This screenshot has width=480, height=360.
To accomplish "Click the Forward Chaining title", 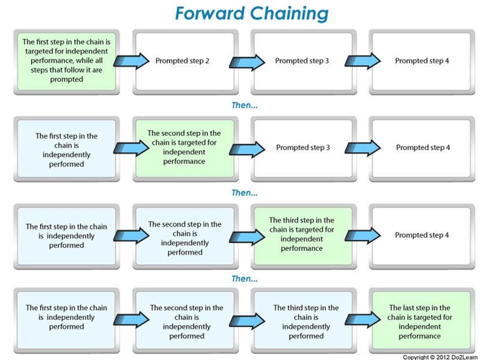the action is tap(252, 14).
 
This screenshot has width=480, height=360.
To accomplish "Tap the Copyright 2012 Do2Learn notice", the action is tap(439, 357).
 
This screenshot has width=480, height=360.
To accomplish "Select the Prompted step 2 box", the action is tap(185, 62).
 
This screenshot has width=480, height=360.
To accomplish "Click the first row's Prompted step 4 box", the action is tap(421, 62).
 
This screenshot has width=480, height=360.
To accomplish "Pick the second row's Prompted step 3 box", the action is tap(303, 149).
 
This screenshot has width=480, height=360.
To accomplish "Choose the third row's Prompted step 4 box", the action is tap(421, 236).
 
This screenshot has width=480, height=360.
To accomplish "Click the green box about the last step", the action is tap(421, 320).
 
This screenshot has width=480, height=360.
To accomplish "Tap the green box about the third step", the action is tap(303, 236).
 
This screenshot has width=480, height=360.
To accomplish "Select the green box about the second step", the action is tap(185, 149).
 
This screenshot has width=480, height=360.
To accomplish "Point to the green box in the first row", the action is tap(67, 62).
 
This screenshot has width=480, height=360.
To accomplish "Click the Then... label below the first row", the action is tap(245, 105).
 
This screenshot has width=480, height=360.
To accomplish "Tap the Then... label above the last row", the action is tap(245, 279).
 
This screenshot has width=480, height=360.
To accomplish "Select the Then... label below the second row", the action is tap(245, 193).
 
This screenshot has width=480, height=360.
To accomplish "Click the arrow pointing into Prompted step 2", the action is tap(132, 61).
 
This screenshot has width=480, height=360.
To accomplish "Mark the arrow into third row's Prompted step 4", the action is tap(363, 236).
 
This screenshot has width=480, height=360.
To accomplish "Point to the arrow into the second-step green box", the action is tap(132, 148).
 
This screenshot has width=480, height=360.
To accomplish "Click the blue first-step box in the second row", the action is tap(67, 149).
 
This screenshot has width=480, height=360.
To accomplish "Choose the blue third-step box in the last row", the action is tap(303, 320).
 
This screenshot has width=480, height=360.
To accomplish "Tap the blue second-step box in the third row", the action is tap(185, 236).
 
